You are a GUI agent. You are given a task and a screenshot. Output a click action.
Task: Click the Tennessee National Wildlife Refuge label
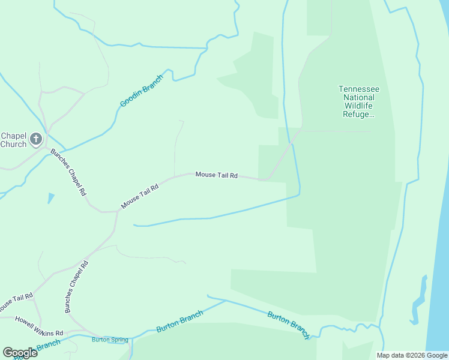(359, 101)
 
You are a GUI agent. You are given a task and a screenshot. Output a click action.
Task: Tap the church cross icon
(36, 140)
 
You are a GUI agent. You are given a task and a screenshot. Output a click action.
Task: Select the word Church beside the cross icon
(13, 144)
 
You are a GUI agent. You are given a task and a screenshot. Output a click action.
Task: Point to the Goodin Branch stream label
(142, 92)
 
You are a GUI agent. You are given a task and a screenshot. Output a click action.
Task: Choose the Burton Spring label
(110, 340)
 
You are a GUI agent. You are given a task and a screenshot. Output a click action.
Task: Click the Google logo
(20, 353)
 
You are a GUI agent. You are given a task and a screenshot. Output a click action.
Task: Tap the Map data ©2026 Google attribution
(412, 355)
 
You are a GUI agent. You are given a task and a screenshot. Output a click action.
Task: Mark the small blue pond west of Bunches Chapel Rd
(50, 197)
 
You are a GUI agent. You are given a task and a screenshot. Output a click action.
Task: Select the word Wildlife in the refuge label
(359, 106)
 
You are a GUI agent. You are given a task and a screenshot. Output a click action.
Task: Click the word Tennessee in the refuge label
(359, 89)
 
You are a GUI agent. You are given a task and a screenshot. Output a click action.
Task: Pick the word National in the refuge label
(359, 97)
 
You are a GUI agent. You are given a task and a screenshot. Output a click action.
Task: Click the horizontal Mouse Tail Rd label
(217, 175)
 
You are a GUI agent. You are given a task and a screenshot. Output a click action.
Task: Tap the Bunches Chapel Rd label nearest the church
(68, 173)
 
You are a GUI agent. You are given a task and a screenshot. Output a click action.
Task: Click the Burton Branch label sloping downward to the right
(288, 325)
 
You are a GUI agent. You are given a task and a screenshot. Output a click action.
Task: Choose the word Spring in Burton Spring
(119, 340)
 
